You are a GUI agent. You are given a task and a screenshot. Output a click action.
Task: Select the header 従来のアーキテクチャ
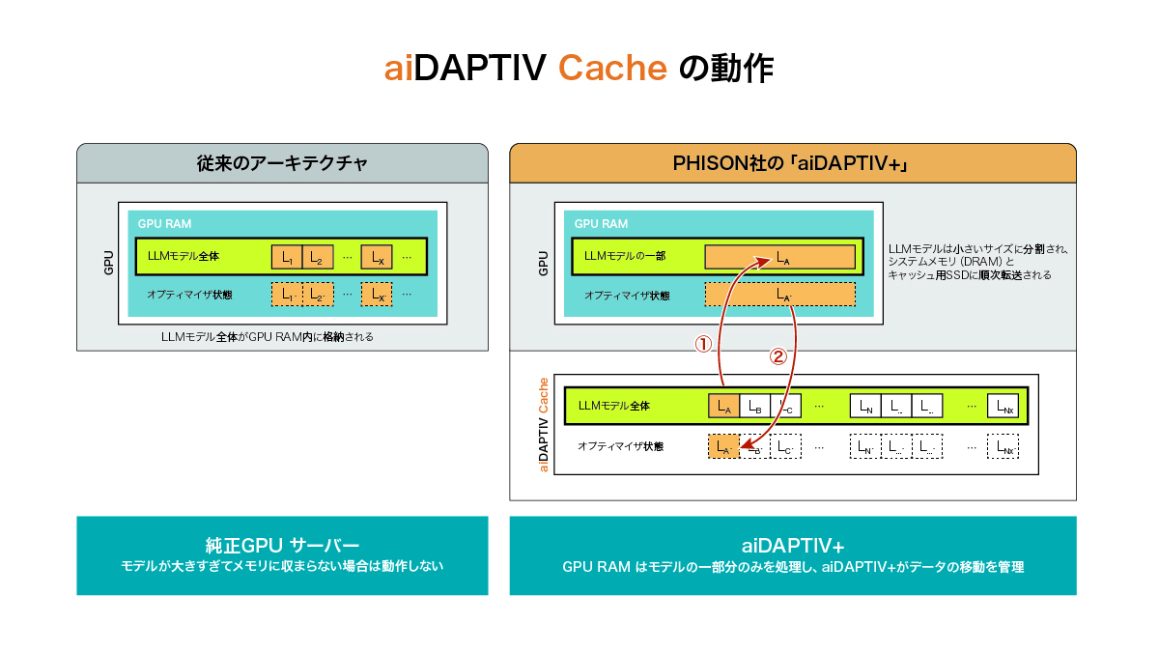coord(282,163)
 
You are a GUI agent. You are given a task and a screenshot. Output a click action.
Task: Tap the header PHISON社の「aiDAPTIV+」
coord(792,163)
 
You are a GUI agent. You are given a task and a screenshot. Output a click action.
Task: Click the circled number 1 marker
coord(705,343)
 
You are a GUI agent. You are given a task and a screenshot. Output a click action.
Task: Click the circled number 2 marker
coord(777,355)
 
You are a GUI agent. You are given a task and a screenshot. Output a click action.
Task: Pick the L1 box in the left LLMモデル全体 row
coord(287,257)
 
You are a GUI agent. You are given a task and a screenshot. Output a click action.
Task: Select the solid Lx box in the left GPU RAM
coord(378,257)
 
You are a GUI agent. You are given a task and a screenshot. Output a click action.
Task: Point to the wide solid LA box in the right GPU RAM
coord(779,257)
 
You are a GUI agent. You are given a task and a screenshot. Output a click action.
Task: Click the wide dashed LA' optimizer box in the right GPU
coord(779,294)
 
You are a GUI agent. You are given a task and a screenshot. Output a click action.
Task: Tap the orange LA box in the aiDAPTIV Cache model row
coord(723,407)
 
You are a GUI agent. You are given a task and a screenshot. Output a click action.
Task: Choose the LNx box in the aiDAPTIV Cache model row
coord(1003,407)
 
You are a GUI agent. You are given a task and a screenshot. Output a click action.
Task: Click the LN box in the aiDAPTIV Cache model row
coord(865,407)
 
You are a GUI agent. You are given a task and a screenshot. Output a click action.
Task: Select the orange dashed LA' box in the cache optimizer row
coord(723,447)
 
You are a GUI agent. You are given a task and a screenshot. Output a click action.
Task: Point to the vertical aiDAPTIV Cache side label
coord(544,425)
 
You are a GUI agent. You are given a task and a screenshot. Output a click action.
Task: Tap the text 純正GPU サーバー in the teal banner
coord(282,544)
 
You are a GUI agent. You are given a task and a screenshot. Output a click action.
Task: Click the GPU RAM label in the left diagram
coord(164,223)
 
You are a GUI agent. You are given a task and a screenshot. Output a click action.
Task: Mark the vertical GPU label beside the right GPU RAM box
coord(544,264)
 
